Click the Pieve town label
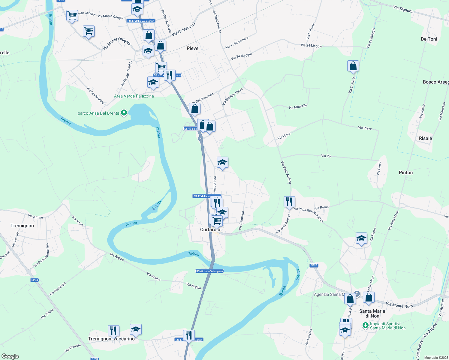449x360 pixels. [x=192, y=48]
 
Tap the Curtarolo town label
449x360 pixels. [x=210, y=229]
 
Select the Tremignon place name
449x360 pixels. [x=22, y=226]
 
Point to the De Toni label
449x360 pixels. [x=429, y=39]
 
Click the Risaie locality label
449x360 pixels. [x=425, y=138]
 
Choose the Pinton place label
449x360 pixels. [x=406, y=172]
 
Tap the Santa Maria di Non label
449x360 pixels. [x=372, y=313]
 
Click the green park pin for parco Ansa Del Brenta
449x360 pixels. [x=124, y=113]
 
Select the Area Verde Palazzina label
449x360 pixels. [x=134, y=96]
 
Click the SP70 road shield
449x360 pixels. [x=314, y=265]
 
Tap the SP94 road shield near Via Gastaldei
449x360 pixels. [x=35, y=280]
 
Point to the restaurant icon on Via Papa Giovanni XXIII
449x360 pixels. [x=289, y=202]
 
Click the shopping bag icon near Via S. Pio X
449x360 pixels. [x=353, y=66]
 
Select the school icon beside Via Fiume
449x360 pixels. [x=361, y=238]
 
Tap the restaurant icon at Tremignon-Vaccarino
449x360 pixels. [x=113, y=331]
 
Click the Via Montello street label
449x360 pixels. [x=298, y=106]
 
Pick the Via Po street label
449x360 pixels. [x=326, y=156]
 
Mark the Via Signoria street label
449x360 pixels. [x=403, y=9]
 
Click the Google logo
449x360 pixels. [x=10, y=356]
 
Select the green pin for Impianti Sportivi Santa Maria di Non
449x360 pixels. [x=365, y=325]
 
